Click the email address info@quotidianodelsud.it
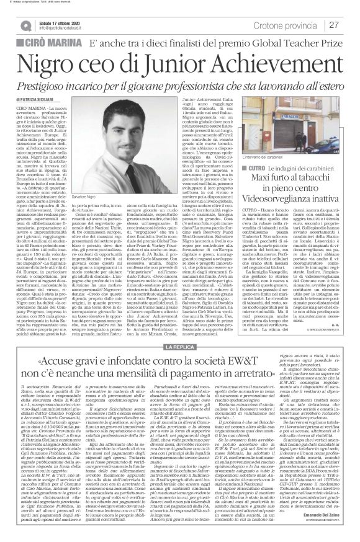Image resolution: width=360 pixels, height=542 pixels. tap(61, 27)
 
